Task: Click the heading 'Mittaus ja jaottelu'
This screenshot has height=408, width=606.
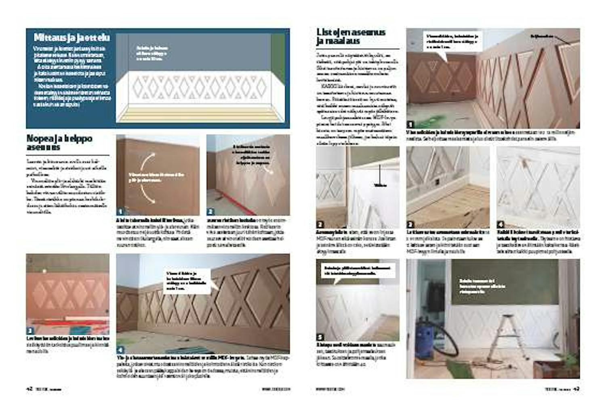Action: click(x=72, y=38)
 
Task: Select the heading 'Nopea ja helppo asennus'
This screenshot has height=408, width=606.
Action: click(x=59, y=142)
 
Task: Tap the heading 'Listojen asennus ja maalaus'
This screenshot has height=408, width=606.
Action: click(x=351, y=36)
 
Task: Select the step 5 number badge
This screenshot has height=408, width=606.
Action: click(x=320, y=337)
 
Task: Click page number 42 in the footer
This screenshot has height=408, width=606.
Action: click(x=29, y=389)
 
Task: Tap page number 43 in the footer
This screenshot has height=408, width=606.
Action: click(x=577, y=389)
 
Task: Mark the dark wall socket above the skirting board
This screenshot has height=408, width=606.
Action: click(x=438, y=182)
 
